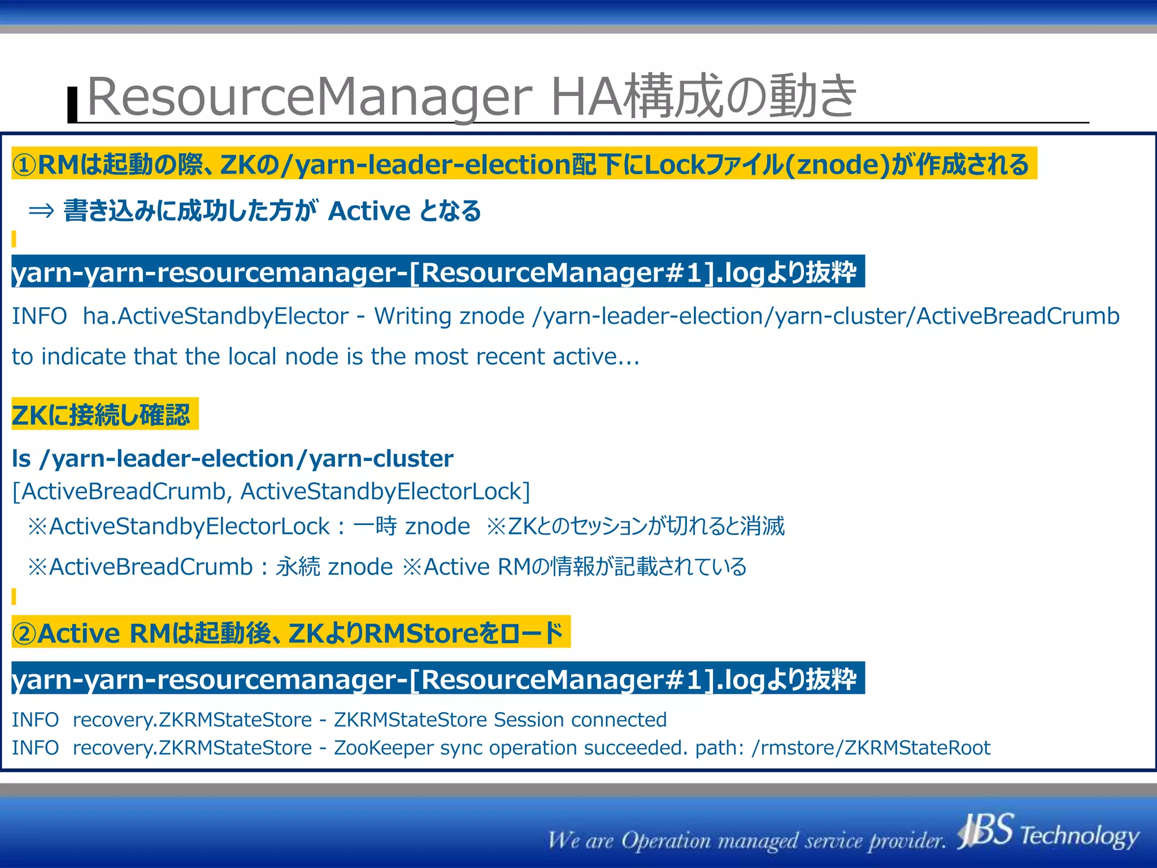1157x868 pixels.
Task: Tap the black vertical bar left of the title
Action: pyautogui.click(x=72, y=105)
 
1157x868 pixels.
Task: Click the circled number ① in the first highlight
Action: pyautogui.click(x=24, y=165)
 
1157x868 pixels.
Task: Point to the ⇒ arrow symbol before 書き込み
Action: pyautogui.click(x=41, y=211)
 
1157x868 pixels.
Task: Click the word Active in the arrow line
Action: pyautogui.click(x=369, y=211)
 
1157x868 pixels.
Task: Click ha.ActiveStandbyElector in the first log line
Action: pyautogui.click(x=215, y=316)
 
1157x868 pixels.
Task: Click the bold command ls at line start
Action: pyautogui.click(x=21, y=458)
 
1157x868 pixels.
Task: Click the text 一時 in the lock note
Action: pyautogui.click(x=375, y=526)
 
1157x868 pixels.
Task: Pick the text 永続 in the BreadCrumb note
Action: pyautogui.click(x=298, y=567)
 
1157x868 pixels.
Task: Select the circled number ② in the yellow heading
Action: pyautogui.click(x=24, y=633)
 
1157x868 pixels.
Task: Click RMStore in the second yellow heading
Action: pyautogui.click(x=421, y=633)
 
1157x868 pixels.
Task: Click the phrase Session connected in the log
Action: pyautogui.click(x=580, y=720)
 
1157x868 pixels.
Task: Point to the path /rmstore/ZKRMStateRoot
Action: pyautogui.click(x=870, y=748)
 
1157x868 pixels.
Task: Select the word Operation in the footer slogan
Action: pyautogui.click(x=666, y=840)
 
